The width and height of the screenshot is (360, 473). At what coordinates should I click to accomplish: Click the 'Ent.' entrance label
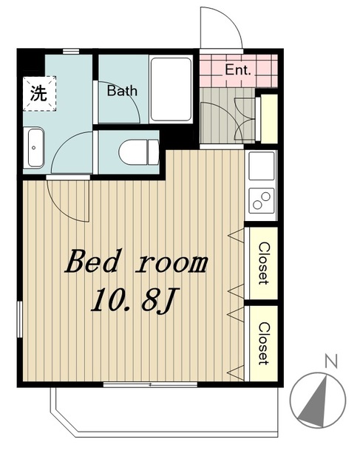click(238, 71)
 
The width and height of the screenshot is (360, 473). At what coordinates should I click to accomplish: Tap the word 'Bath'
click(122, 91)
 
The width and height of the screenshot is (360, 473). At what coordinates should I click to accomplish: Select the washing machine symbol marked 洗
click(39, 94)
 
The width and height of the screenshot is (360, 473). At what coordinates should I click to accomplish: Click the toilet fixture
click(138, 152)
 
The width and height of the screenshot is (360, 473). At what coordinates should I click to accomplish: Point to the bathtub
click(171, 89)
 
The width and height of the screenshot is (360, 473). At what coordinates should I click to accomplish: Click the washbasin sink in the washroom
click(34, 148)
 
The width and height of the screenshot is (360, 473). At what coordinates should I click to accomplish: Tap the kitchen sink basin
click(262, 166)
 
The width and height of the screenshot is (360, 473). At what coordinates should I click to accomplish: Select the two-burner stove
click(262, 200)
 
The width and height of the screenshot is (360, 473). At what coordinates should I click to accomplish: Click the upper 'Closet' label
click(263, 263)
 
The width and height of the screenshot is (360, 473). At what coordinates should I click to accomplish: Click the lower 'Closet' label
click(263, 343)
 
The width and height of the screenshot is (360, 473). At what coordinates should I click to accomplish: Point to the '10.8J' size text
click(135, 300)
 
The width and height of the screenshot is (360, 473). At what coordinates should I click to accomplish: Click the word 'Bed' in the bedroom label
click(91, 261)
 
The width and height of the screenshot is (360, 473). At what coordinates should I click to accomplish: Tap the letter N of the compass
click(331, 361)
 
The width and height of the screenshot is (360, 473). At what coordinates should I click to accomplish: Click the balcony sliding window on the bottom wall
click(150, 384)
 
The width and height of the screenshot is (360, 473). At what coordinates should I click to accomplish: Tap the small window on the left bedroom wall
click(20, 319)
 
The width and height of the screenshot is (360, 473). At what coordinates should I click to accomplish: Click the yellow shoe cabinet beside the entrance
click(269, 119)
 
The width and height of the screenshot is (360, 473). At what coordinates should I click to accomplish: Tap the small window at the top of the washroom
click(71, 51)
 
